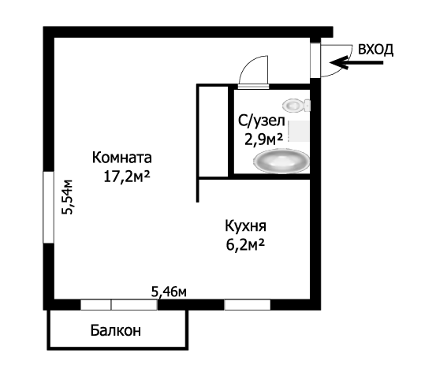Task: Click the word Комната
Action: point(122,158)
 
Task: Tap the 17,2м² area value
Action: point(127,177)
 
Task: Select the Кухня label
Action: point(246,226)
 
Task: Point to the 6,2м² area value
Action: point(246,245)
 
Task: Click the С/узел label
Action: point(262,121)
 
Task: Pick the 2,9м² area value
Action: point(263,139)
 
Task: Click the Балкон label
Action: point(115,330)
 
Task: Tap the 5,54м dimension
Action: point(67,197)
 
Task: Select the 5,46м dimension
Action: point(169,292)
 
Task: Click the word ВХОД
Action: point(376,50)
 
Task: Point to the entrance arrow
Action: point(356,63)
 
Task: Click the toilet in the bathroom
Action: point(296,105)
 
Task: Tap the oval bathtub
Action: point(281,161)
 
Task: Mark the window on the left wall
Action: point(49,207)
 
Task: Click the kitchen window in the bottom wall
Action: point(247,305)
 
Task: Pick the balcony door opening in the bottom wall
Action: point(119,305)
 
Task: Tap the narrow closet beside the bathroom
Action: point(213,132)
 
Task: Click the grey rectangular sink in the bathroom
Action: point(299,132)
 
